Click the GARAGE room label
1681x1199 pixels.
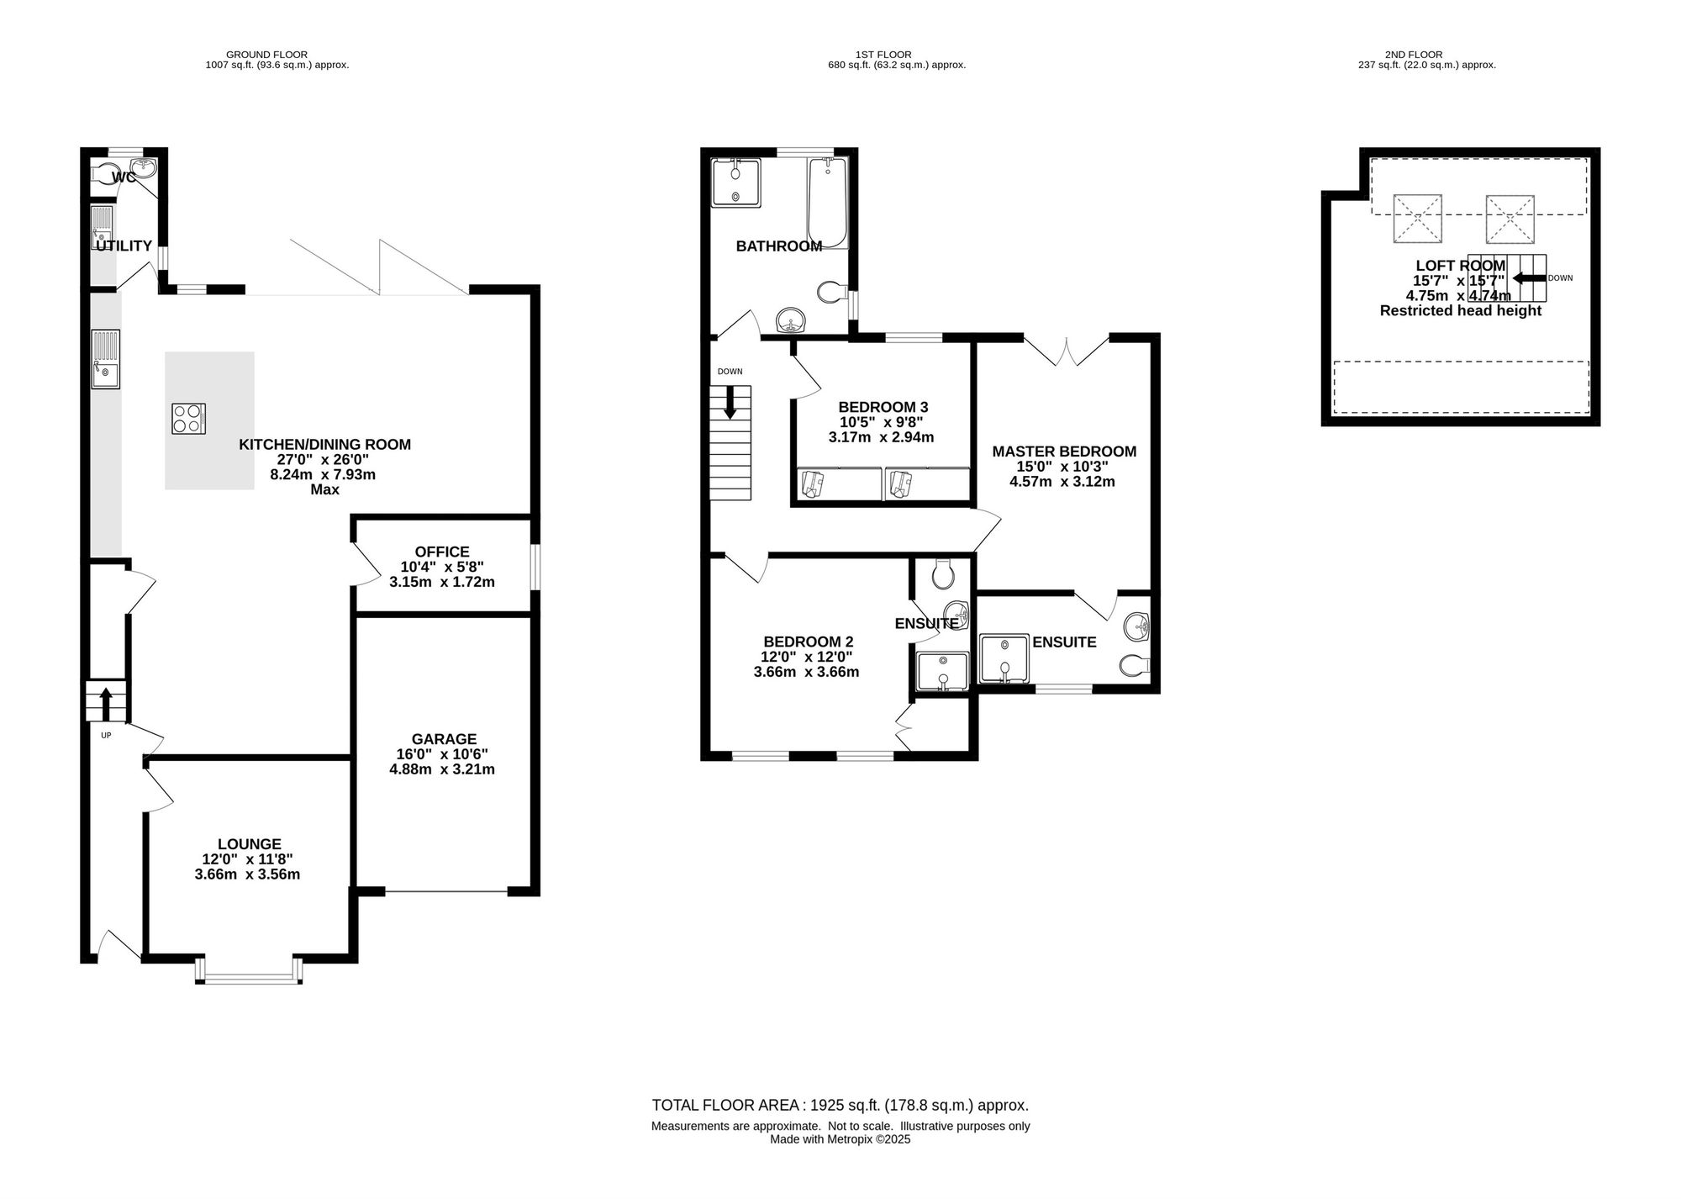tap(442, 739)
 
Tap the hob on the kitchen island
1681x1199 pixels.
tap(189, 419)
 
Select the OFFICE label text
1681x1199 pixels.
tap(442, 552)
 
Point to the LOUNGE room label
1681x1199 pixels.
tap(249, 844)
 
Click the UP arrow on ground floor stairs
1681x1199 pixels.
tap(106, 705)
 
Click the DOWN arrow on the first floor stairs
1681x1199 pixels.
tap(730, 402)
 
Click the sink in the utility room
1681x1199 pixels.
tap(103, 226)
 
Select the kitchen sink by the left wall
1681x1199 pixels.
tap(106, 359)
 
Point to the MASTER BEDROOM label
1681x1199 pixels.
tap(1064, 452)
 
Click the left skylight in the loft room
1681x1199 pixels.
tap(1418, 219)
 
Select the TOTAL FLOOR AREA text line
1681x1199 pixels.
tap(840, 1106)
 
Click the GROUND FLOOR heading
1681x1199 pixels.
tap(267, 55)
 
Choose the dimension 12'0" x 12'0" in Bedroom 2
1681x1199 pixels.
tap(807, 657)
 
